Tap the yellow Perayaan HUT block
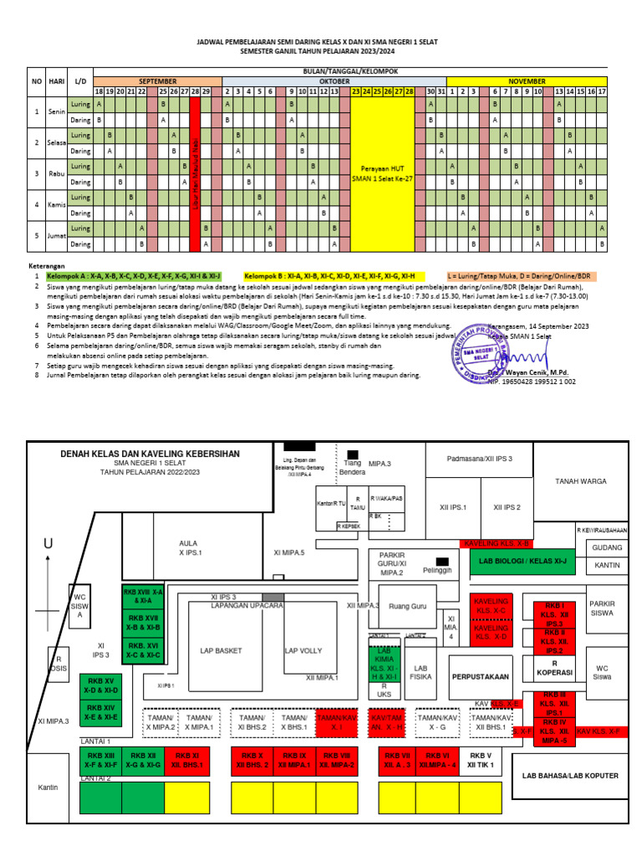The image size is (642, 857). point(382,174)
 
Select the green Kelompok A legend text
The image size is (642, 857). point(134,275)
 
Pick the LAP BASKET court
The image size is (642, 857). point(222,650)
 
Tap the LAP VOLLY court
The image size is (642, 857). point(303,650)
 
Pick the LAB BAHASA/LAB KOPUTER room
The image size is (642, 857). point(570,776)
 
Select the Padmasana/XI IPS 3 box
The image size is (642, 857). point(479,459)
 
